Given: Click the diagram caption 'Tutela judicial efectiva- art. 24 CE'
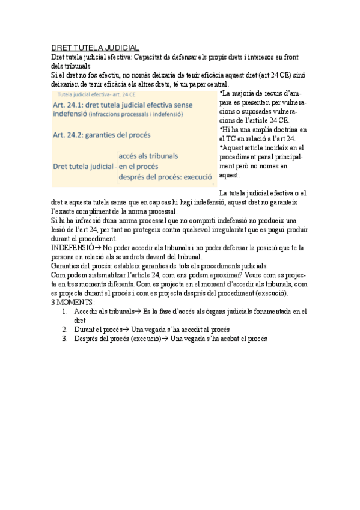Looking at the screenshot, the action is click(96, 95).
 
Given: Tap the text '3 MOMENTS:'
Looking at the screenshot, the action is click(73, 302).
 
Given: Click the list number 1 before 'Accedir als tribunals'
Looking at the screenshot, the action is click(65, 312).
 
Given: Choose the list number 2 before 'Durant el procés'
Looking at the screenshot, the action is click(65, 330).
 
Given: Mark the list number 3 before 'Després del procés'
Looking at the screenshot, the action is click(65, 339).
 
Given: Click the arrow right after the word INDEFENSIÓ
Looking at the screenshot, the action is click(97, 247).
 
